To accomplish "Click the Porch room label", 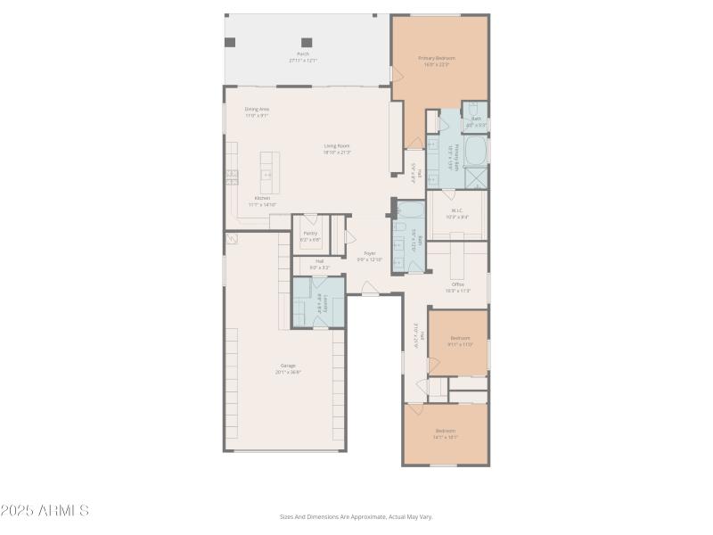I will tap(303, 57).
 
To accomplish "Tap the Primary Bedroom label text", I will tap(437, 61).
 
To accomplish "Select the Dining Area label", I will tap(257, 111).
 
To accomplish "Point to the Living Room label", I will tap(336, 148).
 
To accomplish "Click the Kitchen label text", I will tap(262, 201).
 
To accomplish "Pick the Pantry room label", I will tap(310, 235).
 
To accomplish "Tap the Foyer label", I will tap(369, 256).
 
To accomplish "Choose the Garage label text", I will tap(288, 367).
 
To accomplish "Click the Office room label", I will tap(457, 287).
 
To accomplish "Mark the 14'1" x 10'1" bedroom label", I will tap(445, 433).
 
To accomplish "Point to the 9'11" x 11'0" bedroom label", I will tap(460, 341).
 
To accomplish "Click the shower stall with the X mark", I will tap(476, 177).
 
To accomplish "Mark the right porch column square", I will tap(307, 42).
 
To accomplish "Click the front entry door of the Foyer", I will tap(370, 288).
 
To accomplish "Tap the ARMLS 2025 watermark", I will tap(45, 511).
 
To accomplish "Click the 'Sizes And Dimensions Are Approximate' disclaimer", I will tap(356, 516).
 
